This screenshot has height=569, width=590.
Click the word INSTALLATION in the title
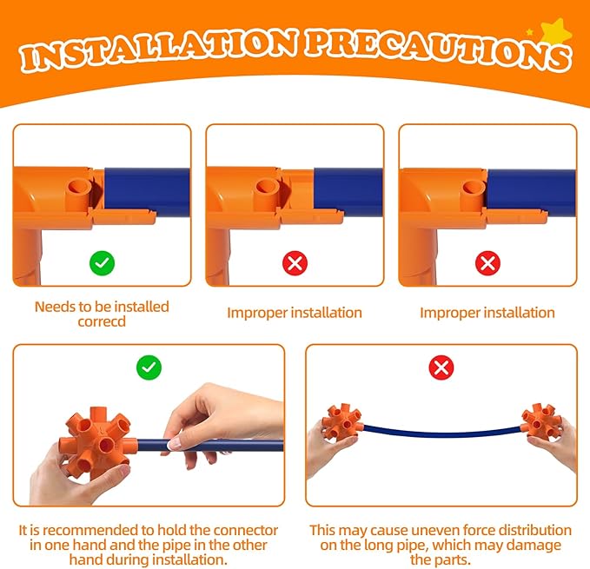click(x=157, y=50)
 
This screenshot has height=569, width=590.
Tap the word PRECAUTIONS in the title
click(x=438, y=50)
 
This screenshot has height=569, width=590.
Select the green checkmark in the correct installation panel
click(x=102, y=263)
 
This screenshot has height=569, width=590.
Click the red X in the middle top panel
click(x=295, y=263)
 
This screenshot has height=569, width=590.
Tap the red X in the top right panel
click(x=487, y=263)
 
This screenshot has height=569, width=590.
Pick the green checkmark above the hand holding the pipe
click(x=149, y=367)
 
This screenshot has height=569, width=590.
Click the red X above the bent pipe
click(x=441, y=367)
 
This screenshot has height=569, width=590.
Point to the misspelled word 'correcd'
click(x=102, y=322)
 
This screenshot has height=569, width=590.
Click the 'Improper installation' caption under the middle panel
click(x=295, y=313)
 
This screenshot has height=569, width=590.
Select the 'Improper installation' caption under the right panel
click(x=487, y=313)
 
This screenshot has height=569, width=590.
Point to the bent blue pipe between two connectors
click(x=442, y=433)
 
